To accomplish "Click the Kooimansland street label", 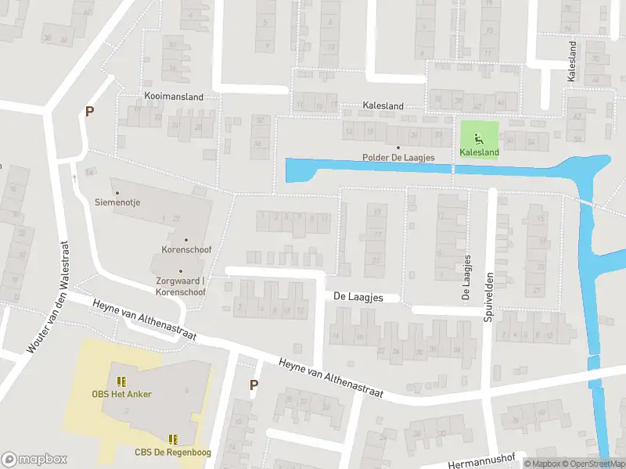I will [x=174, y=97].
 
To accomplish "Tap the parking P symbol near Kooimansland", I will [x=89, y=112].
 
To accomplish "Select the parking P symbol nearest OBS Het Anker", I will [x=253, y=385].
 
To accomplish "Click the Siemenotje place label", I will [x=117, y=202].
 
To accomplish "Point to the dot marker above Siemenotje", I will [x=117, y=192].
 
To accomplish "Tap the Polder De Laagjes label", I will [x=398, y=157].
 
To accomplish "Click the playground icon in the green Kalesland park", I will [x=478, y=140].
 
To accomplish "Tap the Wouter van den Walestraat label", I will [x=45, y=295].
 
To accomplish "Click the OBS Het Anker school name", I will [x=121, y=394].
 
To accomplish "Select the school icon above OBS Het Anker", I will [x=121, y=381].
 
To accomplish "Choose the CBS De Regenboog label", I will [x=173, y=452].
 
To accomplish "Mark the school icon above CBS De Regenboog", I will [x=173, y=439].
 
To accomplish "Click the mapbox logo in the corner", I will [x=34, y=459].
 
